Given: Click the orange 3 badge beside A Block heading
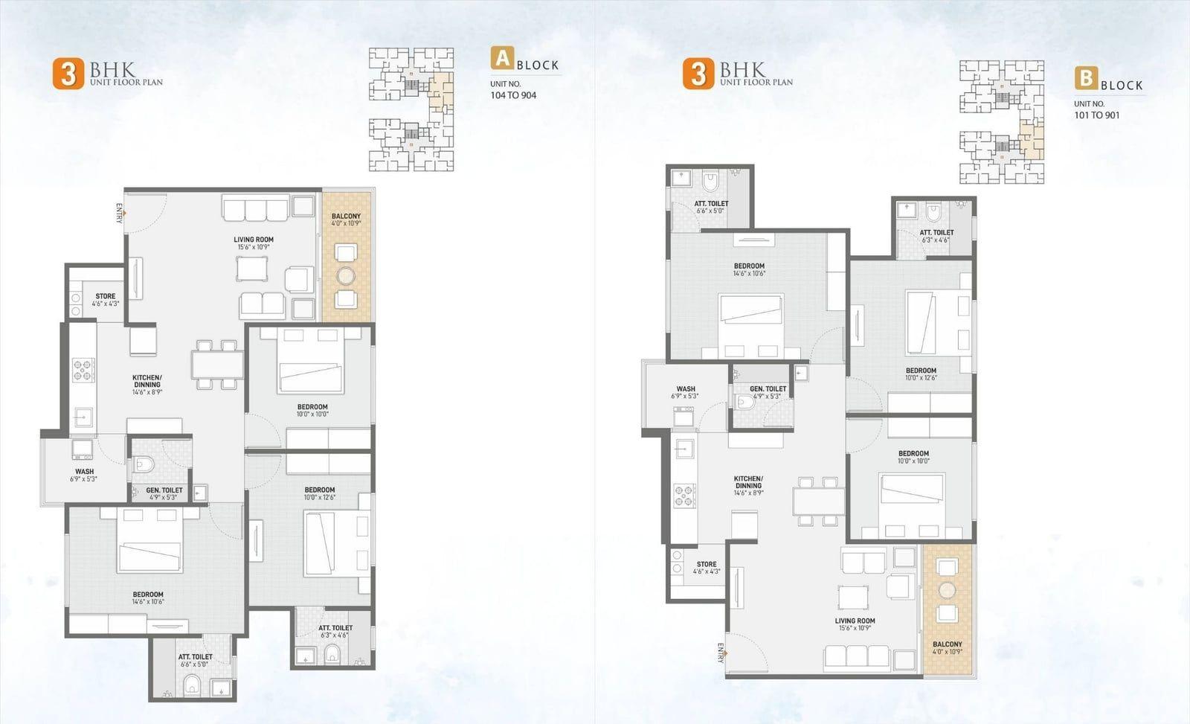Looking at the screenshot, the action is coord(68,74).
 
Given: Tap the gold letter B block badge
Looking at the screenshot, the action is coord(1087,78).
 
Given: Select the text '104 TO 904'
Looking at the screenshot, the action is coord(513,96).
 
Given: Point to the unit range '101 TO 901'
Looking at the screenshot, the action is coord(1096,115).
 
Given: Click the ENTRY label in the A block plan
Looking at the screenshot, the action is coord(119,213).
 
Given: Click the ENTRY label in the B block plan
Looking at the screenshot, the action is coord(721,653).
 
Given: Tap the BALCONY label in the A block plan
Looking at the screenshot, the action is coord(346,217).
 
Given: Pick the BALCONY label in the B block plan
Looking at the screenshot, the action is coord(948,644).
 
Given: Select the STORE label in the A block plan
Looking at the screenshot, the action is coord(105,296).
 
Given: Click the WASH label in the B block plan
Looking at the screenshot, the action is coord(685,389).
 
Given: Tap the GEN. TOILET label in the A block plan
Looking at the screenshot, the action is coord(164,490).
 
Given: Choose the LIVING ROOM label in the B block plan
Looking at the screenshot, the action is coord(855,621).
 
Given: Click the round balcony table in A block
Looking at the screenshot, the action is coord(346,276).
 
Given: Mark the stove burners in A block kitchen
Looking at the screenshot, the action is coord(83,370).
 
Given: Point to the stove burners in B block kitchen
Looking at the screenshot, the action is coord(685,496).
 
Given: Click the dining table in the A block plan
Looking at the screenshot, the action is coord(218,365).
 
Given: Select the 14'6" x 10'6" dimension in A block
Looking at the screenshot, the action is coord(148,602).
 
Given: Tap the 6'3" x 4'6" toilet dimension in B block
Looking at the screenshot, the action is coord(936,240).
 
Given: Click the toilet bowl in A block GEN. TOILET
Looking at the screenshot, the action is coord(143,465).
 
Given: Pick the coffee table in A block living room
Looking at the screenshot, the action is coord(252,269).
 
